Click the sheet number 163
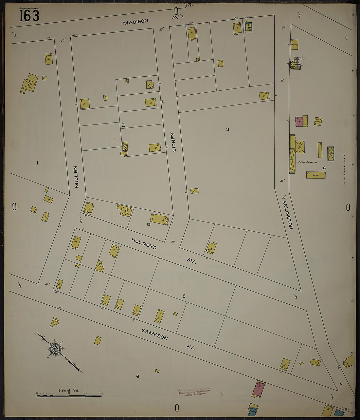(x=29, y=15)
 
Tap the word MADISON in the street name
(x=135, y=22)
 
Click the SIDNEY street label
(x=174, y=142)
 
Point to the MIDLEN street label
(x=77, y=177)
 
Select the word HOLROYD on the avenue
(x=144, y=244)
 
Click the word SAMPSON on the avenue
(x=154, y=334)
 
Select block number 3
(x=227, y=129)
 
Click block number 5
(x=184, y=296)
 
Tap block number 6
(x=137, y=376)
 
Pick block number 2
(x=123, y=125)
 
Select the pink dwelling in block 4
(x=299, y=122)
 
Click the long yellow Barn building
(x=316, y=175)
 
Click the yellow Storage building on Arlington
(x=294, y=45)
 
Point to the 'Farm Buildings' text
(x=308, y=162)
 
